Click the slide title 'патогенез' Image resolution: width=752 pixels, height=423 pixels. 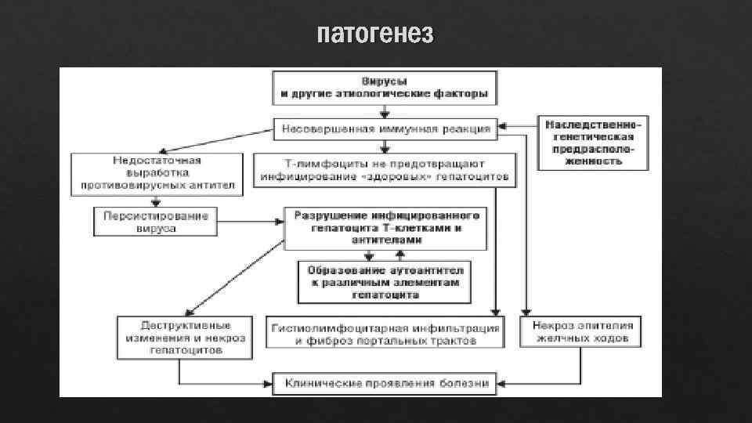(x=375, y=35)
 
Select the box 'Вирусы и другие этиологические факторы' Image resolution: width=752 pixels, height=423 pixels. (x=384, y=88)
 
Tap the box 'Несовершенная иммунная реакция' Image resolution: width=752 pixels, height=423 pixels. (x=384, y=128)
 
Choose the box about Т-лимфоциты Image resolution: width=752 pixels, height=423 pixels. (x=384, y=170)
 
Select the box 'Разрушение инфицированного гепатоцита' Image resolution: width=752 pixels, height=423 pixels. (x=384, y=227)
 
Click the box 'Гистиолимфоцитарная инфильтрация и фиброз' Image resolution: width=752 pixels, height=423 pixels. (x=384, y=332)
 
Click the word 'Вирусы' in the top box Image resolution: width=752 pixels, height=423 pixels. (x=384, y=81)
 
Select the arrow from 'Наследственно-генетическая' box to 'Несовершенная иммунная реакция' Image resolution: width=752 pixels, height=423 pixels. (x=519, y=125)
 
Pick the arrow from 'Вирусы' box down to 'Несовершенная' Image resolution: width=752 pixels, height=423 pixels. (x=384, y=111)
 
